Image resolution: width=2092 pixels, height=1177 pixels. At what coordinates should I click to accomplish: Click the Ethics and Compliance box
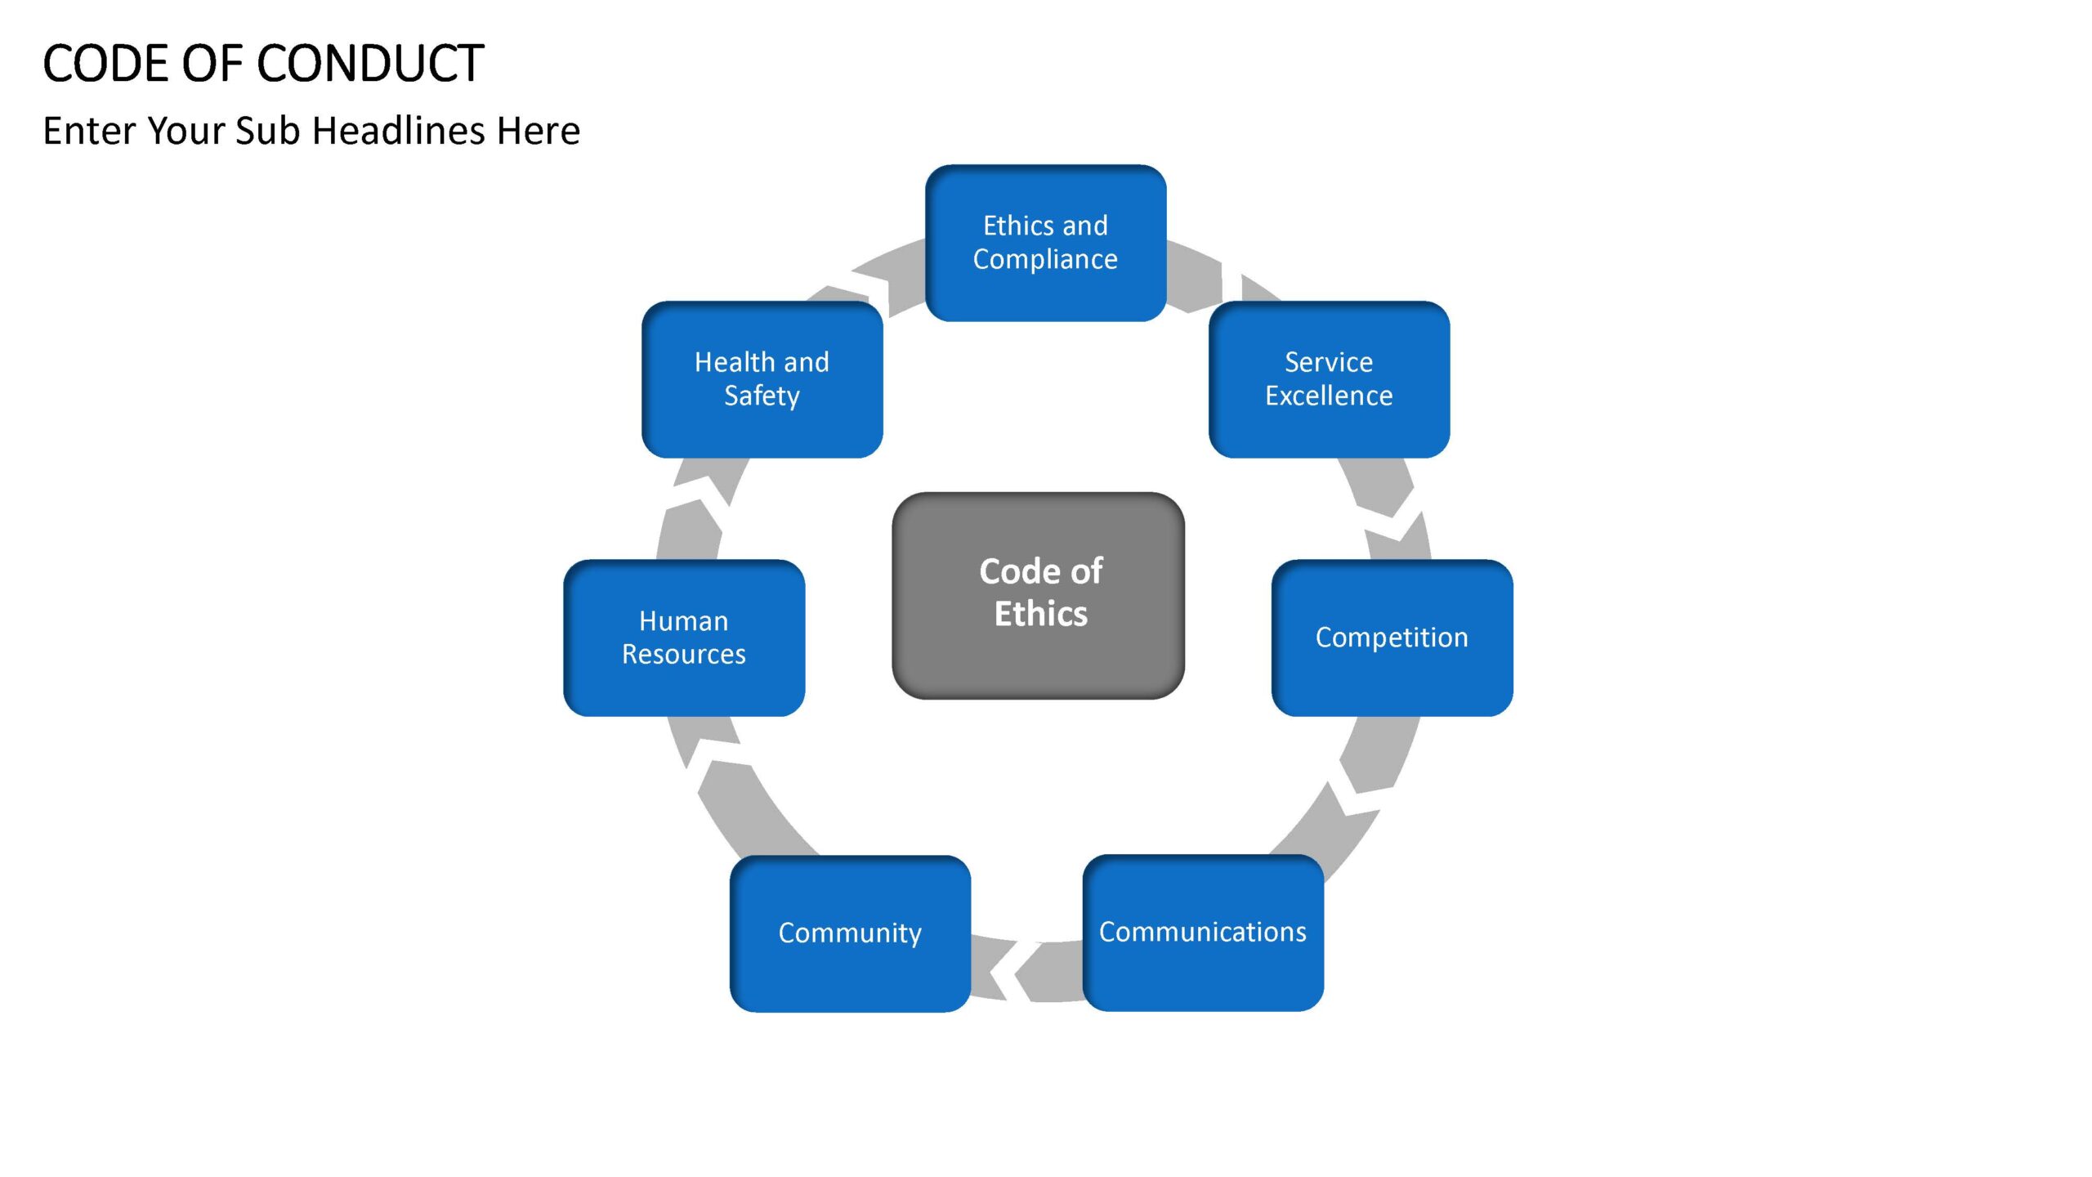tap(1045, 243)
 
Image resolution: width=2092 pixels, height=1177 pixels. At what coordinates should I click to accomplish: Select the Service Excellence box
tap(1329, 379)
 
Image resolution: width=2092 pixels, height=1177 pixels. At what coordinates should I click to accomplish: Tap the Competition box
tap(1392, 638)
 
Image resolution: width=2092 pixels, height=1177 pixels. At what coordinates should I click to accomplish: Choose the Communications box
tap(1203, 933)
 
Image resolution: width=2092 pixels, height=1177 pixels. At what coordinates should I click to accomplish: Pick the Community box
tap(850, 933)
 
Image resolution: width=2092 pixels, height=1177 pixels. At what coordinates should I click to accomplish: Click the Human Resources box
tap(684, 638)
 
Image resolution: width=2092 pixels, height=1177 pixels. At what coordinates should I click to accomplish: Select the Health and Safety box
tap(762, 379)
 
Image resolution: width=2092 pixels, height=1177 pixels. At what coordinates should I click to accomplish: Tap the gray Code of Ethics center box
tap(1038, 595)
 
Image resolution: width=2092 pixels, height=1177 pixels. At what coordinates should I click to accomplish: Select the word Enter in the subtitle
tap(90, 131)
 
